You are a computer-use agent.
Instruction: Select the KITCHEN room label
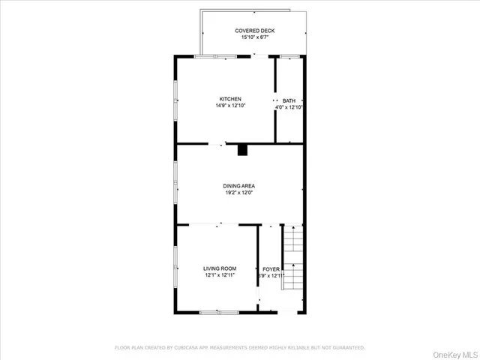coord(229,99)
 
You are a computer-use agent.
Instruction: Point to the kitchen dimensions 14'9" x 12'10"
coord(229,106)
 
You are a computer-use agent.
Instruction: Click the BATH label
coord(289,100)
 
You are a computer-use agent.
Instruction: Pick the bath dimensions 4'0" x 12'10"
coord(289,107)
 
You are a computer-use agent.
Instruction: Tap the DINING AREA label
coord(239,186)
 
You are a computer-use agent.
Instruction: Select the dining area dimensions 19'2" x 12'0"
coord(239,193)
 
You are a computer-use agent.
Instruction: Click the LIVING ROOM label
coord(220,268)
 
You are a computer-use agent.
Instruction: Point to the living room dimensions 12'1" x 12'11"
coord(220,275)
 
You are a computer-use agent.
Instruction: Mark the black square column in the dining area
coord(242,150)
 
